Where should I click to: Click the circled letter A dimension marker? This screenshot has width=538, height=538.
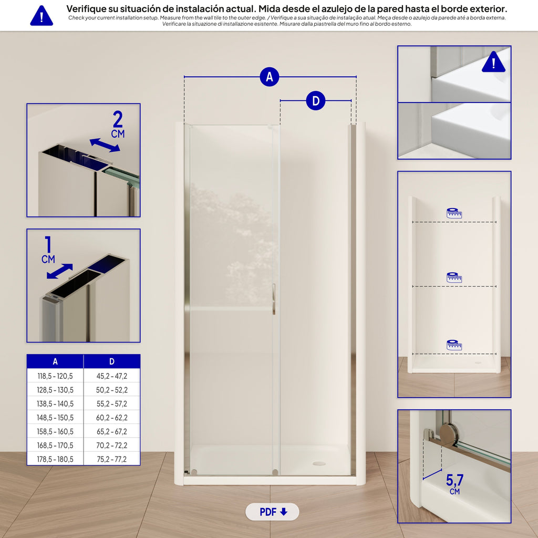[270, 77]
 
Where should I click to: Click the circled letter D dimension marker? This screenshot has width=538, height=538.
[316, 101]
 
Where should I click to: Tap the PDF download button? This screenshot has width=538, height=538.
[272, 512]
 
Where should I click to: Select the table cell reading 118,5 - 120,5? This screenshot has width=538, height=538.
[55, 376]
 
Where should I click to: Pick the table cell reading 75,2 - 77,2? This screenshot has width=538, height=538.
[112, 459]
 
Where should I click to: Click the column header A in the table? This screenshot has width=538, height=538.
[55, 361]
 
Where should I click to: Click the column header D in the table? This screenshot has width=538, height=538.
[112, 361]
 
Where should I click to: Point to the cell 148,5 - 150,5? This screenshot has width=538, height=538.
[55, 418]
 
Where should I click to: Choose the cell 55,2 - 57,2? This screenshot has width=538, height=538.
[112, 403]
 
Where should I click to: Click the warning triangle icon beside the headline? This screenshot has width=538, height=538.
[42, 16]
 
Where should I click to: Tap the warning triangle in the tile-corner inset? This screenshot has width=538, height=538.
[493, 63]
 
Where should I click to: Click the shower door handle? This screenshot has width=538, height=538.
[274, 299]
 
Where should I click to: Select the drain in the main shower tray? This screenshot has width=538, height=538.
[319, 464]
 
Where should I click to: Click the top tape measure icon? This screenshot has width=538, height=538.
[454, 213]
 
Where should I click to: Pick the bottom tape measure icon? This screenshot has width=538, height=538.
[454, 345]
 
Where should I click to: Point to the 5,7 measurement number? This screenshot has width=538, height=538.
[454, 480]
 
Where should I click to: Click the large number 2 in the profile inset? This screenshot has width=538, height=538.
[118, 119]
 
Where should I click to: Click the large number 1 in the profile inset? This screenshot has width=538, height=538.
[48, 245]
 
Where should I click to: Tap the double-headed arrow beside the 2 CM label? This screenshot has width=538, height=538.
[105, 145]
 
